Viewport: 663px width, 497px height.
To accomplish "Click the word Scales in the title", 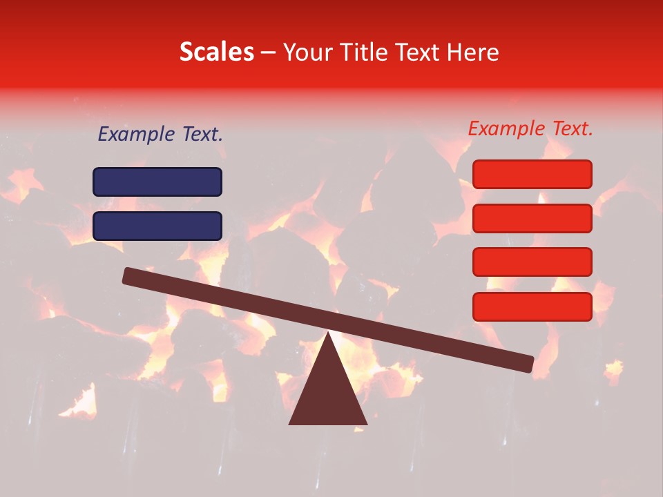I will pyautogui.click(x=216, y=52).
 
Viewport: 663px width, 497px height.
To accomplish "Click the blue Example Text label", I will pyautogui.click(x=160, y=135).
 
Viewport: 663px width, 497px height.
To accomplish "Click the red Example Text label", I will pyautogui.click(x=530, y=128).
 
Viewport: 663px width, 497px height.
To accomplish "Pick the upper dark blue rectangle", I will pyautogui.click(x=157, y=182).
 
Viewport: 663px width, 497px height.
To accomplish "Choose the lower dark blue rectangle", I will pyautogui.click(x=157, y=226).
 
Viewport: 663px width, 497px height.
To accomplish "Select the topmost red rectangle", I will pyautogui.click(x=532, y=174).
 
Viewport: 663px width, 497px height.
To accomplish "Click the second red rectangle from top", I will pyautogui.click(x=532, y=218).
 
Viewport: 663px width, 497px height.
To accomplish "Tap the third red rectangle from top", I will pyautogui.click(x=532, y=262).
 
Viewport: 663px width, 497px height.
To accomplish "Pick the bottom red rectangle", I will pyautogui.click(x=532, y=306).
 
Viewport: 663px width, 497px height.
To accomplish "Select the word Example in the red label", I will pyautogui.click(x=506, y=128).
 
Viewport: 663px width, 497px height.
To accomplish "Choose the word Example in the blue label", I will pyautogui.click(x=135, y=135).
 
